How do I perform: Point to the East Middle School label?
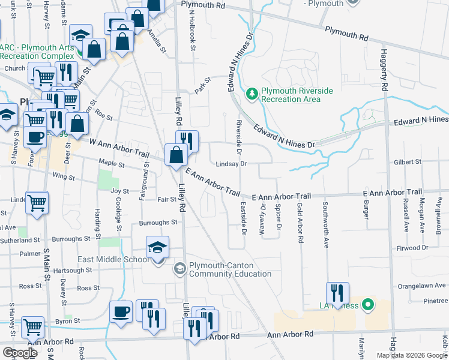point(113,259)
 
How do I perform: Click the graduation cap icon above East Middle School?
point(158,247)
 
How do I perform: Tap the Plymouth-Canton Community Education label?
point(231,270)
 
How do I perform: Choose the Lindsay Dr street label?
point(232,163)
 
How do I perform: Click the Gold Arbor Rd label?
point(300,222)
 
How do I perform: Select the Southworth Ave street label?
point(326,226)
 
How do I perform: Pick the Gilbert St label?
point(408,162)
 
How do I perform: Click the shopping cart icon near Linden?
point(37,203)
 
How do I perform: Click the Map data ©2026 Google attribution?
point(412,355)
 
